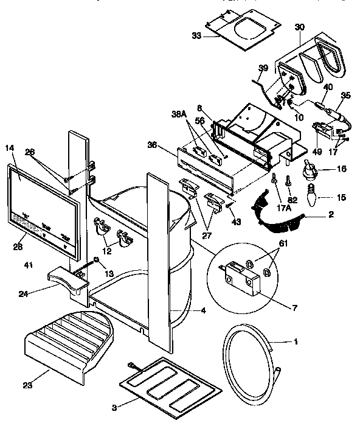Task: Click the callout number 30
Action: pos(300,27)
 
